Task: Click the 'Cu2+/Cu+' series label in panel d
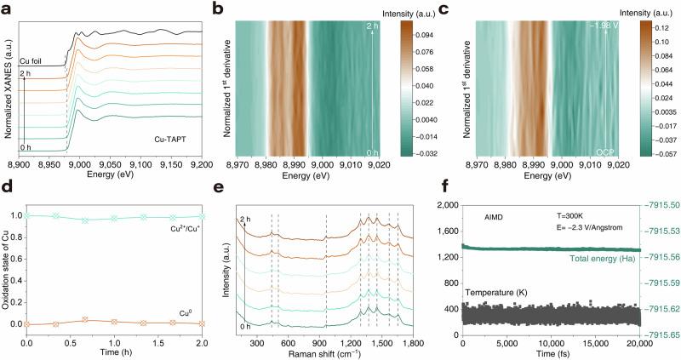[180, 229]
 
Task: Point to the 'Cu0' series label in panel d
[192, 313]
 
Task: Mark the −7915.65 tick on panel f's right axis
[659, 334]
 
